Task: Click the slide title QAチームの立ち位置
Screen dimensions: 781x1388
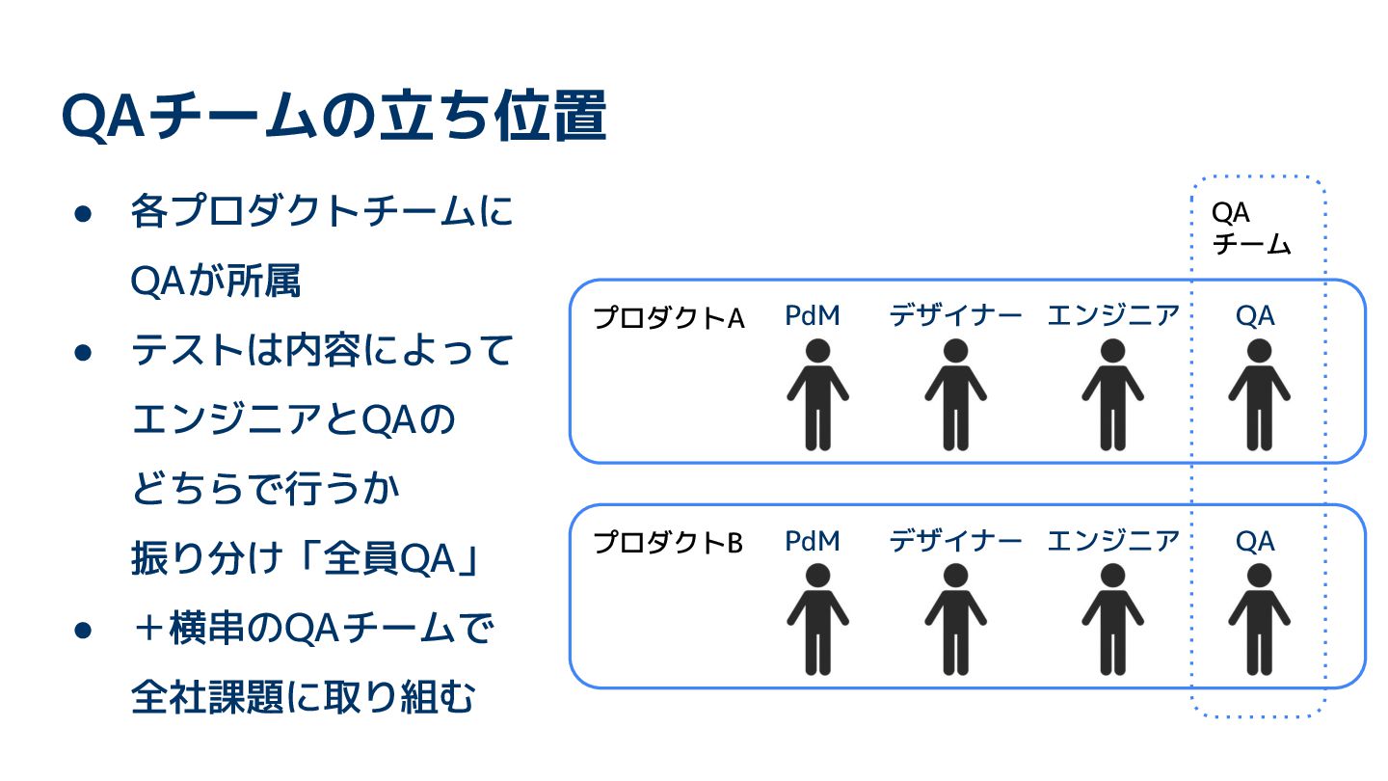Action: pyautogui.click(x=334, y=118)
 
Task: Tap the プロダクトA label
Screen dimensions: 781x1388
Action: pyautogui.click(x=668, y=318)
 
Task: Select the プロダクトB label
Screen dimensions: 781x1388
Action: pyautogui.click(x=668, y=543)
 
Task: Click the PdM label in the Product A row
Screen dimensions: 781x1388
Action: pyautogui.click(x=813, y=315)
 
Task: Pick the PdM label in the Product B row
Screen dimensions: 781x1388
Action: pyautogui.click(x=813, y=541)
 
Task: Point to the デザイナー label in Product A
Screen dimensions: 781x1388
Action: pyautogui.click(x=955, y=315)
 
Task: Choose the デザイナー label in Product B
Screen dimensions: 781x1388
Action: pyautogui.click(x=955, y=541)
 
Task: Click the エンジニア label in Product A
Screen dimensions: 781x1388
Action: pyautogui.click(x=1113, y=315)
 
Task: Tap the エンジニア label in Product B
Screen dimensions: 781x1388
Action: pyautogui.click(x=1113, y=541)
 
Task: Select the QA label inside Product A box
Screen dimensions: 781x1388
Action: pyautogui.click(x=1255, y=315)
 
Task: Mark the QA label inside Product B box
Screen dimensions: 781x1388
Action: pyautogui.click(x=1255, y=541)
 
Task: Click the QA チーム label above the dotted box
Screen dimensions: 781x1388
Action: pyautogui.click(x=1250, y=229)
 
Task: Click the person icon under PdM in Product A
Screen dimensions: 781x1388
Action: pyautogui.click(x=817, y=394)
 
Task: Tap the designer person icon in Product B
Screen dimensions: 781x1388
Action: pyautogui.click(x=955, y=619)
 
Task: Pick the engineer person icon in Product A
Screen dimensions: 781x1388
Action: pyautogui.click(x=1112, y=394)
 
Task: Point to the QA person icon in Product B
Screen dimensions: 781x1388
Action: pyautogui.click(x=1259, y=619)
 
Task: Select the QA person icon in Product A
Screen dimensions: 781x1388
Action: pyautogui.click(x=1259, y=394)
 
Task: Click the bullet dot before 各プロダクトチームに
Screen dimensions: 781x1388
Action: pyautogui.click(x=83, y=214)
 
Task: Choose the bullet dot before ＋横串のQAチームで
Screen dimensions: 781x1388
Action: pyautogui.click(x=83, y=631)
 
